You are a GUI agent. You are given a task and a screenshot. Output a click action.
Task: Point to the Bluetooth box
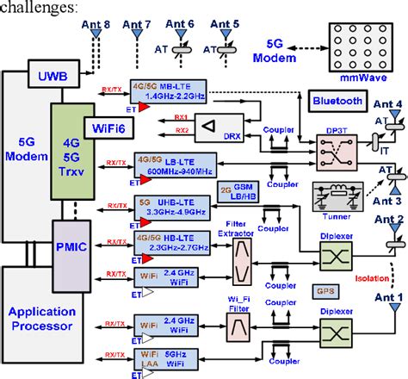tap(337, 100)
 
